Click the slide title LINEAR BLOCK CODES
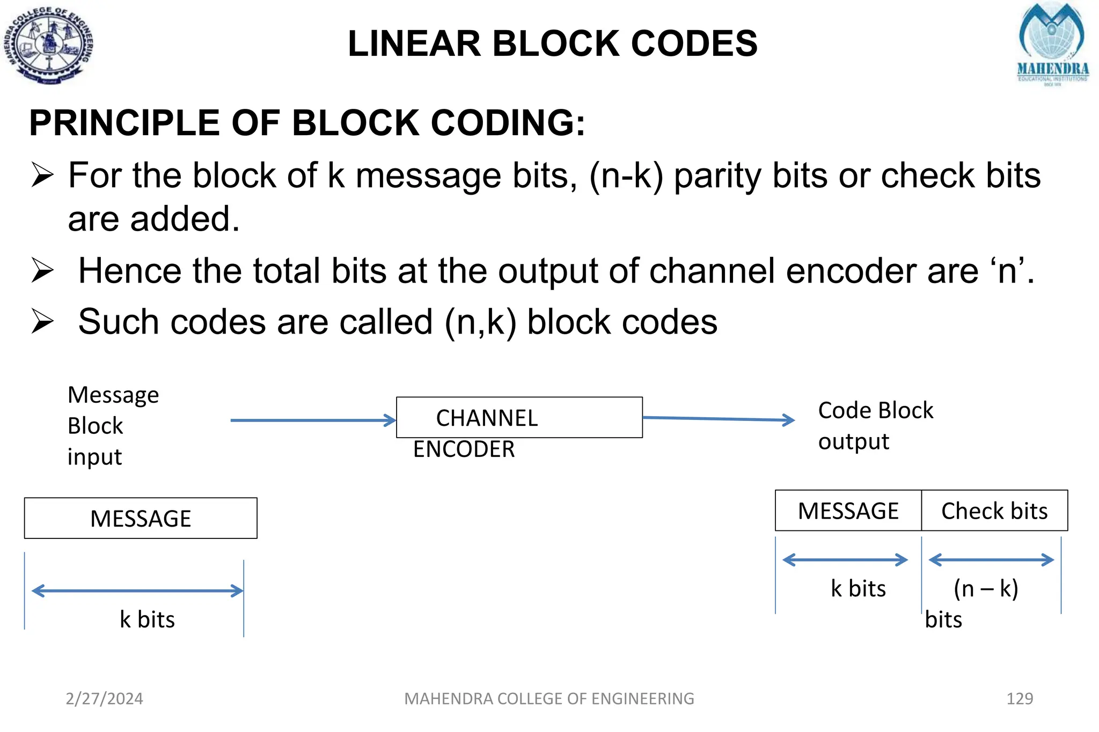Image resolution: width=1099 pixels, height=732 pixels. click(x=552, y=43)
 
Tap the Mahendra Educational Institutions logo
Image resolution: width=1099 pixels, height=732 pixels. click(x=1052, y=44)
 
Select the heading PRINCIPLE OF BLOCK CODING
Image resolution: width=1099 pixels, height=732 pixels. click(x=307, y=123)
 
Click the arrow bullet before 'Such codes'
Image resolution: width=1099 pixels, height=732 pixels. click(x=42, y=321)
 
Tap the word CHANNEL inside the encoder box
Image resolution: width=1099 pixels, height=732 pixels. click(x=487, y=418)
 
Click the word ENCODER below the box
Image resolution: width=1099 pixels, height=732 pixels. click(x=464, y=449)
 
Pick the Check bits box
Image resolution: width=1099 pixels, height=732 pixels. click(x=994, y=511)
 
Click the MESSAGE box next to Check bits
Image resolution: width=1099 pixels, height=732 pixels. click(x=848, y=511)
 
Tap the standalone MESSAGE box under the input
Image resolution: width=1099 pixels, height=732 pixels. click(x=141, y=519)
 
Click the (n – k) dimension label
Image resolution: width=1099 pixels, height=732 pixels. click(x=986, y=588)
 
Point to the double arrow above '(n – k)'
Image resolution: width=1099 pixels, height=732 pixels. click(x=991, y=560)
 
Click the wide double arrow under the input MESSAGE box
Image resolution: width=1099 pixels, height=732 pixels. click(x=137, y=591)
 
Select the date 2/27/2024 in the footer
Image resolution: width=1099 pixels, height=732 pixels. click(x=104, y=698)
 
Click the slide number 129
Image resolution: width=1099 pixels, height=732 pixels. click(x=1020, y=698)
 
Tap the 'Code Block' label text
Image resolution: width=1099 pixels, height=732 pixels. click(x=876, y=411)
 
